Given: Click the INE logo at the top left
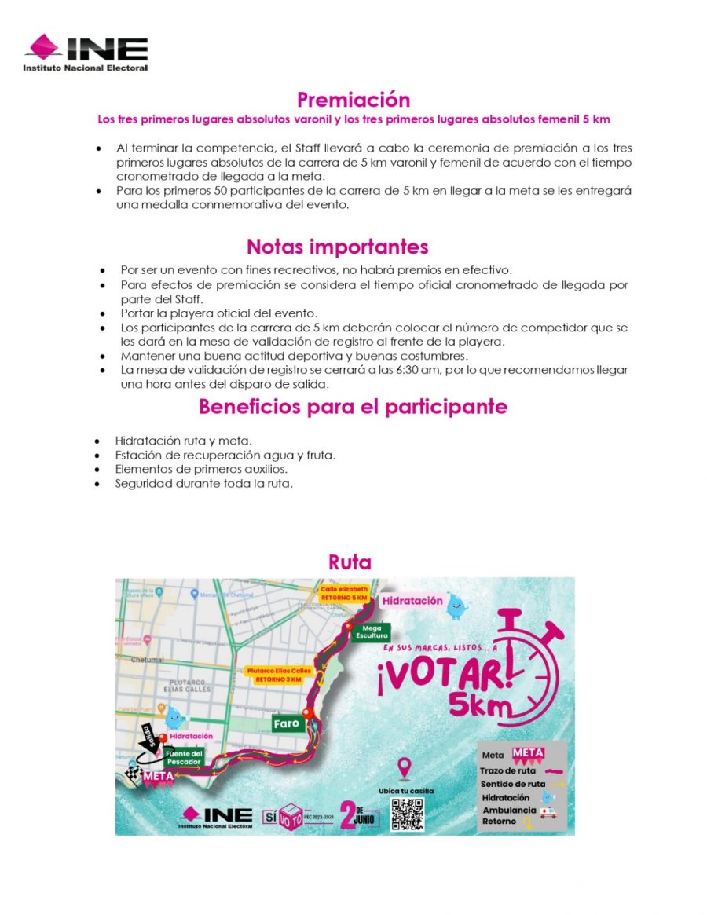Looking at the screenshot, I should [x=86, y=52].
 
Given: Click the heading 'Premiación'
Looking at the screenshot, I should [x=353, y=100].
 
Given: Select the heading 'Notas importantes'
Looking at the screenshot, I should [x=337, y=247].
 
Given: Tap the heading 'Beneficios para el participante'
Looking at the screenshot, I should [x=353, y=407].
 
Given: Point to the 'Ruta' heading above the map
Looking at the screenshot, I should [x=350, y=562].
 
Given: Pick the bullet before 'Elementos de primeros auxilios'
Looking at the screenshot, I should [x=97, y=470].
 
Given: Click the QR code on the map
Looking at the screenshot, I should [x=407, y=814].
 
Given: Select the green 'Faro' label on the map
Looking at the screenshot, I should [x=287, y=723].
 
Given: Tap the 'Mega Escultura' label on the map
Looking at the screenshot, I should [x=371, y=632].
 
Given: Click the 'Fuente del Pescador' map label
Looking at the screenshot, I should [x=185, y=757].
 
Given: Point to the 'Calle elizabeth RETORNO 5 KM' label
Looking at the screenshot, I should [x=343, y=593].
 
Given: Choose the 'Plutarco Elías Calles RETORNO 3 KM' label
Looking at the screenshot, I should [x=279, y=675].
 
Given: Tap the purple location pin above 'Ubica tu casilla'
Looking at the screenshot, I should [x=405, y=767].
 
